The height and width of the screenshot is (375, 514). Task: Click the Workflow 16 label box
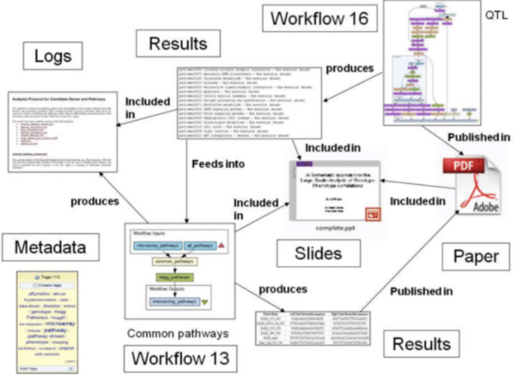[319, 19]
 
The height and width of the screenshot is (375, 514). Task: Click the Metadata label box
[50, 247]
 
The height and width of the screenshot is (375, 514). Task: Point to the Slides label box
[318, 253]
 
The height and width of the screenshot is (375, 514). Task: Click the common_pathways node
[174, 262]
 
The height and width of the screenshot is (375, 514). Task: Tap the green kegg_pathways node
[174, 277]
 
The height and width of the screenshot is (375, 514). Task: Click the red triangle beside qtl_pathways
[222, 246]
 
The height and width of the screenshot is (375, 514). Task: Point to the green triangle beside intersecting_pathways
[204, 302]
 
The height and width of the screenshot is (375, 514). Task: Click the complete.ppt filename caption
[335, 228]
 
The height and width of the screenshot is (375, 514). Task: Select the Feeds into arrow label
[218, 164]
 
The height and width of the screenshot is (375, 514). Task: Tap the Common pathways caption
[178, 333]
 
